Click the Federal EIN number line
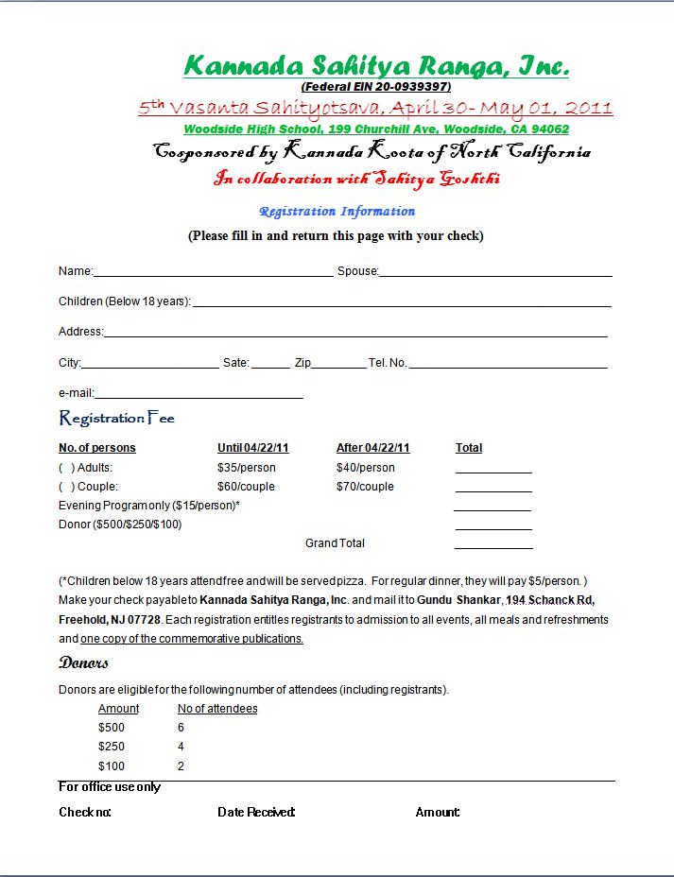click(376, 87)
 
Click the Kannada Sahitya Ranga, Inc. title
click(376, 65)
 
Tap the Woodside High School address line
click(376, 129)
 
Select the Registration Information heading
click(337, 212)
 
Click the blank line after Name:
click(214, 273)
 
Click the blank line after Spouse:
click(495, 273)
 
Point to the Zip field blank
click(338, 365)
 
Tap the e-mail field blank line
click(199, 395)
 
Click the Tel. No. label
click(388, 363)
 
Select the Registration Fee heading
click(117, 418)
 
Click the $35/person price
click(247, 468)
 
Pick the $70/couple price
click(365, 487)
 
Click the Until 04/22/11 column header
click(253, 448)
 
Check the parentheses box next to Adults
click(67, 468)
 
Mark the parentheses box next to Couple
click(67, 487)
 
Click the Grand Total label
click(335, 543)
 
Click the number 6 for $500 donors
click(181, 728)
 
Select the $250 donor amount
click(112, 747)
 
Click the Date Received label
click(256, 812)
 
